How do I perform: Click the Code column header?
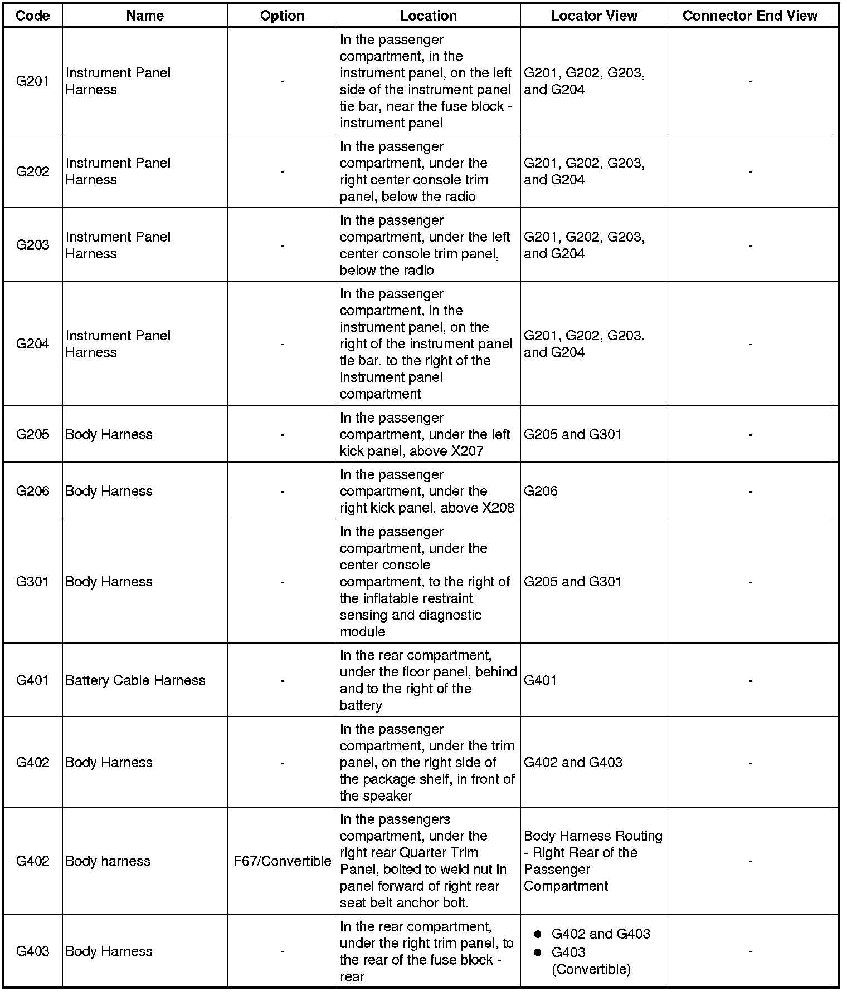click(x=33, y=16)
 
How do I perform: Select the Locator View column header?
click(x=594, y=16)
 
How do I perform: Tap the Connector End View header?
click(x=750, y=16)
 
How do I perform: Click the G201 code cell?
click(x=33, y=81)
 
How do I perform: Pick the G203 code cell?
click(x=33, y=245)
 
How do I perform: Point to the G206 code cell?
click(x=33, y=491)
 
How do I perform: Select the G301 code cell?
click(x=33, y=582)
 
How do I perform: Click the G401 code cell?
click(x=33, y=680)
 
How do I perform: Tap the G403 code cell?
click(x=33, y=951)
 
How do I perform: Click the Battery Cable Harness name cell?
click(x=135, y=680)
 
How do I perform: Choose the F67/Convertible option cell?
click(x=283, y=861)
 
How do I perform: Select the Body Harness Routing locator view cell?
click(x=593, y=861)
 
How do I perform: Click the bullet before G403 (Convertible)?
click(x=538, y=952)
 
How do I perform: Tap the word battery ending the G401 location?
click(x=361, y=705)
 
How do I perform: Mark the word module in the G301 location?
click(x=362, y=632)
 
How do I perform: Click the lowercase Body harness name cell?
click(x=108, y=861)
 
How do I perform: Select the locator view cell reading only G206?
click(x=541, y=491)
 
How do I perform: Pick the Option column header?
click(x=282, y=16)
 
